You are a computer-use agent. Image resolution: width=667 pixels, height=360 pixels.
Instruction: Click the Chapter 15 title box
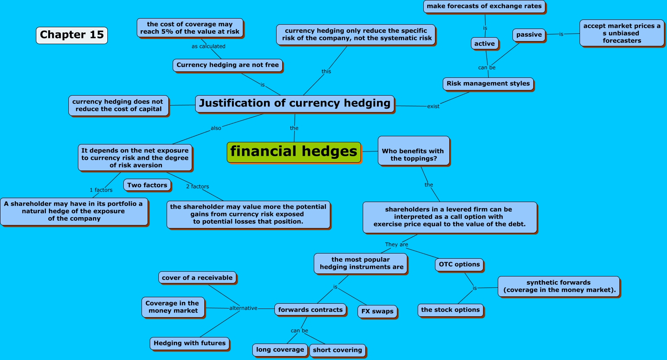point(72,35)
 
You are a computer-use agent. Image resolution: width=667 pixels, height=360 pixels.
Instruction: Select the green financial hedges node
point(294,152)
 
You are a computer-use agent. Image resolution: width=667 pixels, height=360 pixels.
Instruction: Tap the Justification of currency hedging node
point(295,103)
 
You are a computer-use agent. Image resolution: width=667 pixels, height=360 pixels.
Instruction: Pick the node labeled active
point(484,44)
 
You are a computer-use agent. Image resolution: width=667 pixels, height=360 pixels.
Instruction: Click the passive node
point(529,35)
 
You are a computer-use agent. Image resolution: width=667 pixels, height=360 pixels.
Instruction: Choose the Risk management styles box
point(488,84)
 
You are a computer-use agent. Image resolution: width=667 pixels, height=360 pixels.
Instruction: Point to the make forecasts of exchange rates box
point(484,6)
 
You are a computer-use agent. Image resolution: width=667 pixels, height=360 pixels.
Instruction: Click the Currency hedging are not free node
point(228,65)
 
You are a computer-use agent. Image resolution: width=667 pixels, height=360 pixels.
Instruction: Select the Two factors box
point(147,185)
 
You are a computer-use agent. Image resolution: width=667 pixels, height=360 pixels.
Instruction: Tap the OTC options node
point(459,264)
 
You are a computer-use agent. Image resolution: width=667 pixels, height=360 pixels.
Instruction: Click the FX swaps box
point(377,311)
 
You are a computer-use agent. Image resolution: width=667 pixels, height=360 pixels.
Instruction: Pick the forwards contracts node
point(310,310)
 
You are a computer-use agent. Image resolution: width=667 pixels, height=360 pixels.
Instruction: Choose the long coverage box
point(280,350)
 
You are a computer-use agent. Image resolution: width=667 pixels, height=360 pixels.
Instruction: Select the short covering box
point(338,350)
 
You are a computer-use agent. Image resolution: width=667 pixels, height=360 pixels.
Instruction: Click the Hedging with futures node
point(190,343)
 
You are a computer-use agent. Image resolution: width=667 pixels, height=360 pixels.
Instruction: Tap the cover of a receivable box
point(197,278)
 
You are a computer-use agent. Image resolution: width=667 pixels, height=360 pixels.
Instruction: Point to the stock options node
point(450,310)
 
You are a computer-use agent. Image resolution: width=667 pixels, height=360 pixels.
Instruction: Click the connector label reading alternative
point(243,308)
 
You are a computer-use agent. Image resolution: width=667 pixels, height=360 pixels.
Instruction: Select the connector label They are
point(396,244)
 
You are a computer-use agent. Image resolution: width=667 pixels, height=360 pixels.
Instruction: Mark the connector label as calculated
point(209,46)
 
